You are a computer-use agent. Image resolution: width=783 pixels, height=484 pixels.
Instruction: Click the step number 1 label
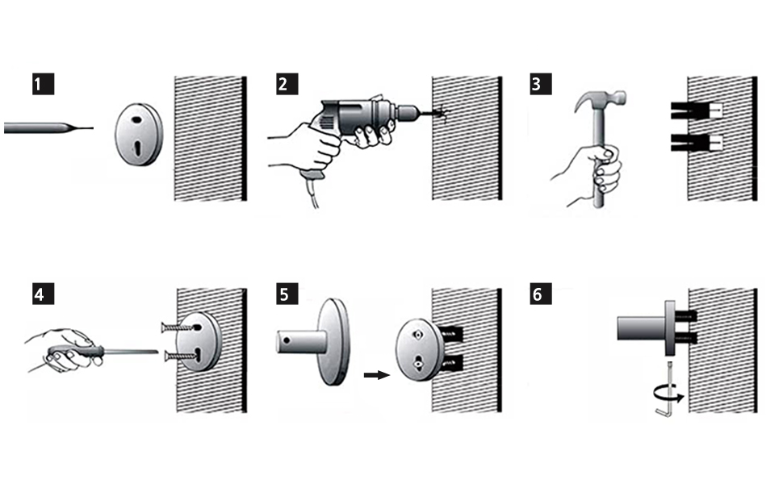44,84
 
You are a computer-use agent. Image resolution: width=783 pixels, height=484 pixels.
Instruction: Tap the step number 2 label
287,84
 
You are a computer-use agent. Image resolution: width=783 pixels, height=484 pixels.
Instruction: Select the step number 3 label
540,84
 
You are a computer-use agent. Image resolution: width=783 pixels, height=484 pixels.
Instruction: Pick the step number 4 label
44,294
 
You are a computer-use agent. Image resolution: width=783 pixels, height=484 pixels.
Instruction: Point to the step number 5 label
287,294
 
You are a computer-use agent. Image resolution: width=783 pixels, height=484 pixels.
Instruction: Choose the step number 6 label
540,294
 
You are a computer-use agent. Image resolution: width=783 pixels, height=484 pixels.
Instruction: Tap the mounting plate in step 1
139,133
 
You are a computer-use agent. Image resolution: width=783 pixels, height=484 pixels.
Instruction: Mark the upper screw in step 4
179,326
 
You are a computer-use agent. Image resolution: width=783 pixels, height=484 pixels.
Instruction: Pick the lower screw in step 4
179,355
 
